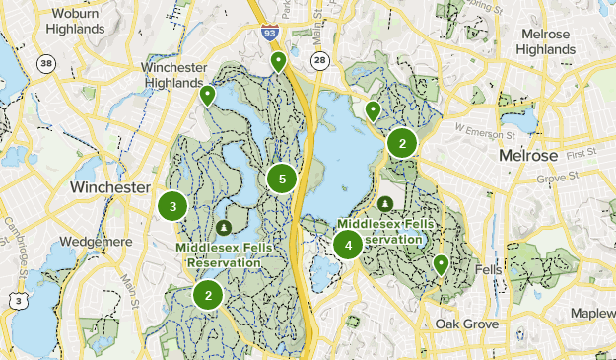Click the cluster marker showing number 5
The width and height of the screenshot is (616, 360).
click(282, 179)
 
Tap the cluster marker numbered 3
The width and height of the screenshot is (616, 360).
click(172, 206)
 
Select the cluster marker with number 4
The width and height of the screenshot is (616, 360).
click(348, 245)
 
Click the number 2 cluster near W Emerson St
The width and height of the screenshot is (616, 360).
click(401, 143)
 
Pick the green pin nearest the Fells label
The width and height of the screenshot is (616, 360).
click(441, 263)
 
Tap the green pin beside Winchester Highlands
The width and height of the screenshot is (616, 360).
click(207, 95)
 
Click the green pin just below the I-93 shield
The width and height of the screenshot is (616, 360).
click(279, 62)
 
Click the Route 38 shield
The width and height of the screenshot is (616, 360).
click(46, 64)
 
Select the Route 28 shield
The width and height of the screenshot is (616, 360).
click(317, 61)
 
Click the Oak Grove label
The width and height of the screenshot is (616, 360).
click(467, 324)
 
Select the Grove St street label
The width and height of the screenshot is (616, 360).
click(555, 179)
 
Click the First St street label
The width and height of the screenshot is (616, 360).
click(582, 153)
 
